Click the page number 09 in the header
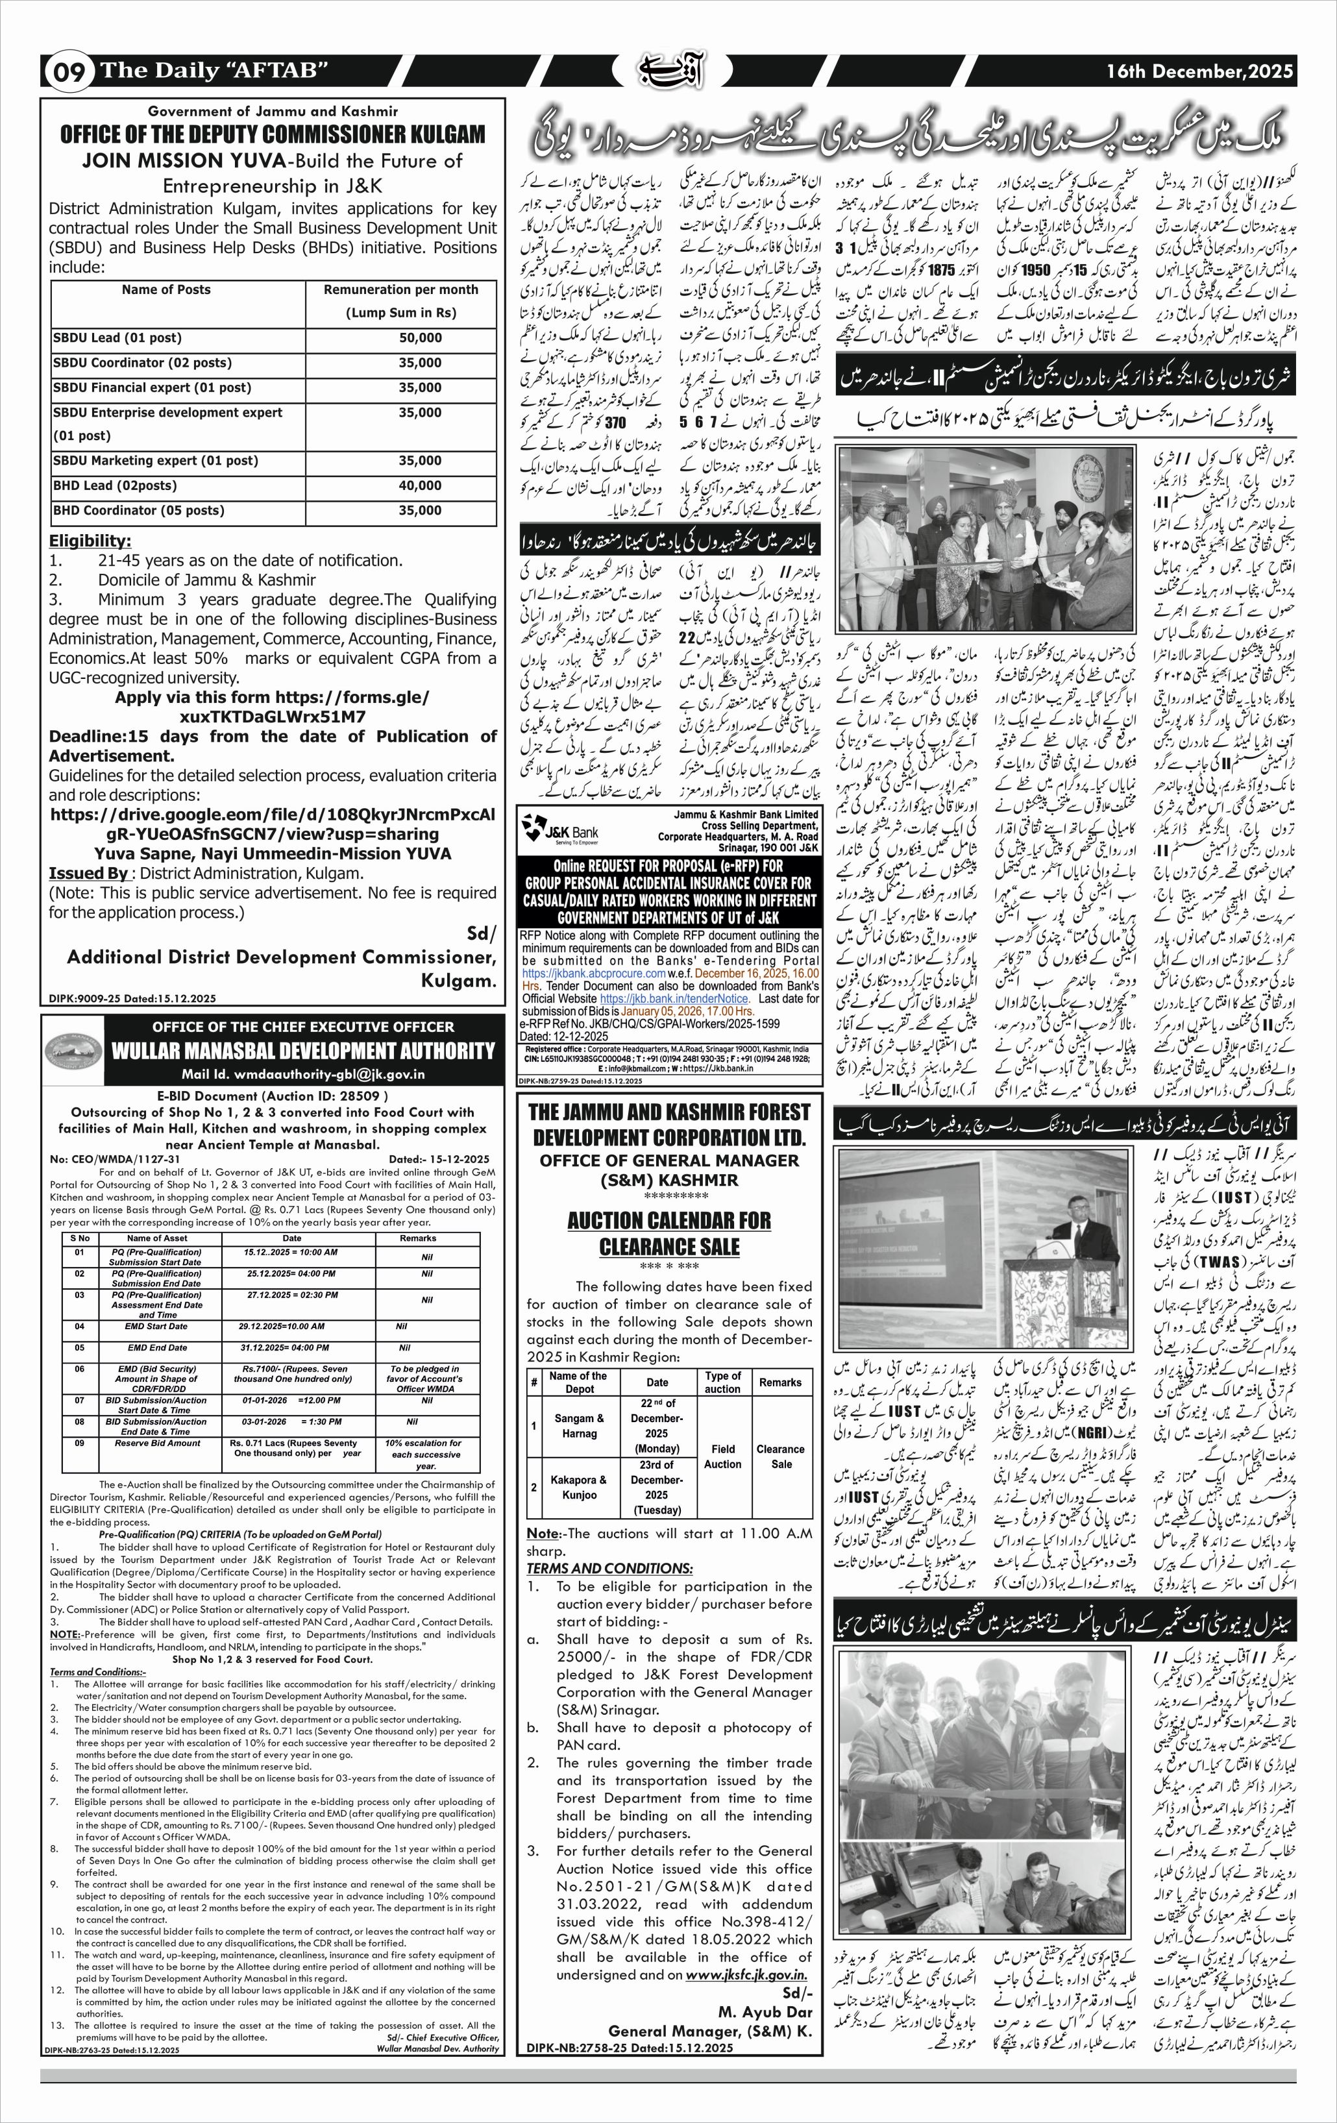[x=69, y=71]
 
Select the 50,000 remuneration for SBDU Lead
[x=419, y=337]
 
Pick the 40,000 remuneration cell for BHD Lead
[x=419, y=485]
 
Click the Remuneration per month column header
[x=400, y=289]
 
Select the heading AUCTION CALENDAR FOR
[x=669, y=1220]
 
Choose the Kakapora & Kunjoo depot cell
[x=579, y=1488]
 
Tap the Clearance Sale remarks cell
[x=780, y=1456]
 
